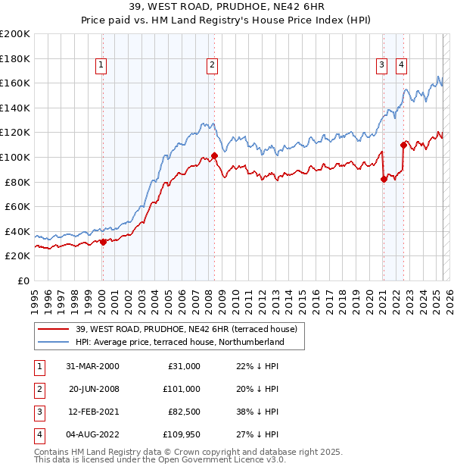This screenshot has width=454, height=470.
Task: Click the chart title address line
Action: point(226,8)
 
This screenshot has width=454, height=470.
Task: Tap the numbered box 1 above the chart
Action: point(101,66)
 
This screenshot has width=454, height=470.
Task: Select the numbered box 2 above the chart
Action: point(213,66)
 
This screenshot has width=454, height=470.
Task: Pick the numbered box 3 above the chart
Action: point(383,66)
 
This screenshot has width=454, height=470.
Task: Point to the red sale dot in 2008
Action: point(214,156)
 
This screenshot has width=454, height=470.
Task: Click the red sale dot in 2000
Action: point(104,243)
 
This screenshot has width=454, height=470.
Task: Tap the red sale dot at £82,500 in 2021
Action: point(384,179)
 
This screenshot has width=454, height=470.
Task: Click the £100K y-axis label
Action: point(15,157)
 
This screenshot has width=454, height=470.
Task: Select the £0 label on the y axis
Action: point(22,280)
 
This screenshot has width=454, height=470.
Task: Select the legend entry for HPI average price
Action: point(179,342)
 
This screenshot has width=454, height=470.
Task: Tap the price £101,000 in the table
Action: point(182,389)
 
